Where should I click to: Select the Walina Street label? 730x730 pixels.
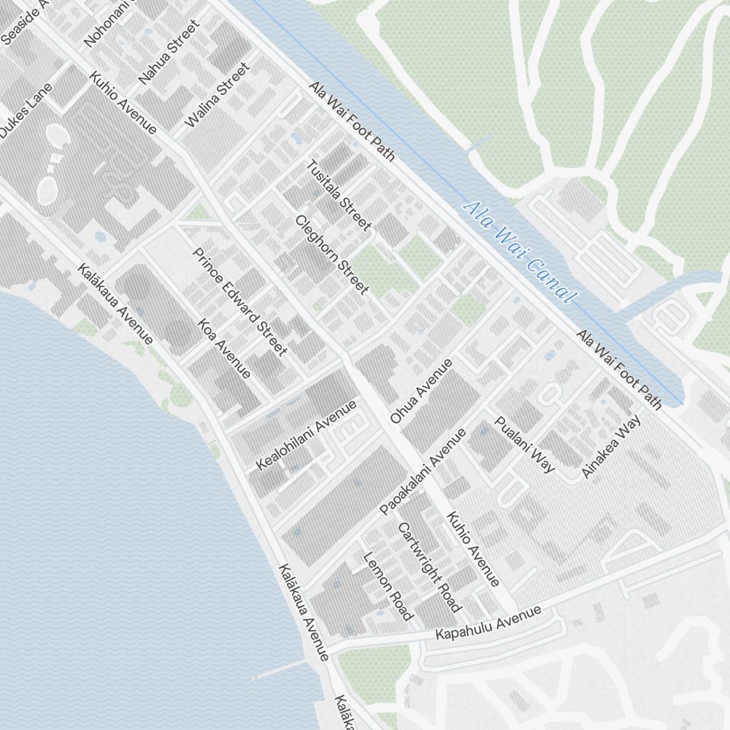[217, 96]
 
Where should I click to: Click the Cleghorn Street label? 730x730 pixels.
[332, 255]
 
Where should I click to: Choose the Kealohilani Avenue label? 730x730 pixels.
[307, 435]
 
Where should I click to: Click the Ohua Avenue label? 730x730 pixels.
[421, 391]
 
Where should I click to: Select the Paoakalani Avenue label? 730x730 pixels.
[423, 472]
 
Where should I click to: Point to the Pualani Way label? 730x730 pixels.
[525, 444]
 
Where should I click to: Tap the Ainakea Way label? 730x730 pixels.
[611, 447]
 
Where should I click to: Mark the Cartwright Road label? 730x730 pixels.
[429, 567]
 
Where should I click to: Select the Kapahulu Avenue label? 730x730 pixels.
[488, 623]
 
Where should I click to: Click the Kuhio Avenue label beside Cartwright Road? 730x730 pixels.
[473, 550]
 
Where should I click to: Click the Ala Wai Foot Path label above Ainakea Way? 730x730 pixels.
[619, 369]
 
